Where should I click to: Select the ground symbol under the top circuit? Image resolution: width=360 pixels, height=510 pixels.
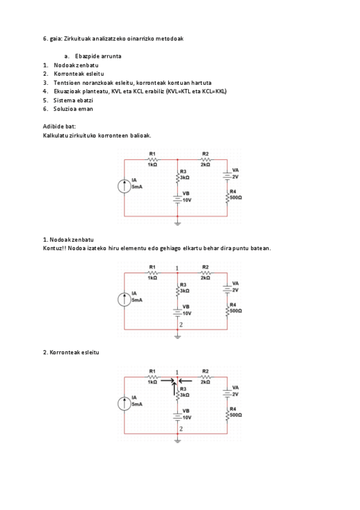(x=177, y=223)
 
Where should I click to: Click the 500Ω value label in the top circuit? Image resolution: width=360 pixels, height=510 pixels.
(x=236, y=197)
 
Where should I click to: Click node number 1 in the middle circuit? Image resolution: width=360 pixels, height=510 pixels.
(x=177, y=268)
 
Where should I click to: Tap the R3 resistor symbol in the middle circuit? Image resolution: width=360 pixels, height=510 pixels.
(x=177, y=290)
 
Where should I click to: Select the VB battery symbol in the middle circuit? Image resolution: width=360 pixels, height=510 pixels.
(x=177, y=310)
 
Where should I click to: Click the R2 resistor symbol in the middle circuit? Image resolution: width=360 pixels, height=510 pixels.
(x=206, y=272)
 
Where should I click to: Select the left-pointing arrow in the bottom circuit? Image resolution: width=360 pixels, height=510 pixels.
(x=185, y=381)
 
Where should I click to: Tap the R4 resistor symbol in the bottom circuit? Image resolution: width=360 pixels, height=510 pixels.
(x=227, y=414)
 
